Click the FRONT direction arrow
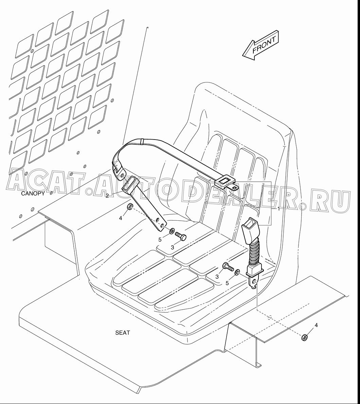[260, 45]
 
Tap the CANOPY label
[33, 194]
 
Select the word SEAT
[122, 333]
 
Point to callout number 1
[278, 209]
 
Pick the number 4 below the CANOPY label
[120, 218]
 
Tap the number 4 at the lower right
[316, 325]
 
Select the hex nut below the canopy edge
[130, 206]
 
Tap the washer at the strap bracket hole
[172, 230]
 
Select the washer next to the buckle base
[237, 272]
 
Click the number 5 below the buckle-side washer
[227, 283]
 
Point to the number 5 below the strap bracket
[160, 240]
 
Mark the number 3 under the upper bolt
[173, 247]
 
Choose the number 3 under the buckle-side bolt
[217, 277]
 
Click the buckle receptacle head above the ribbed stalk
[249, 229]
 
